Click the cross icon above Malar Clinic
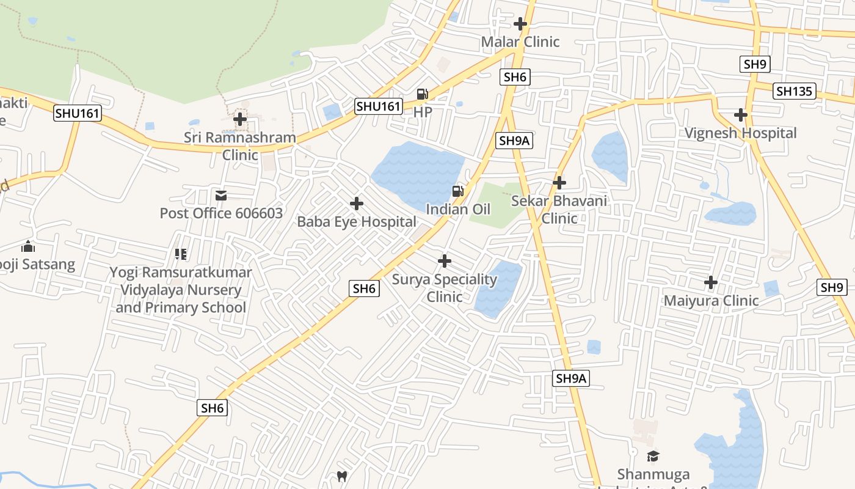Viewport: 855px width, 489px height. (x=520, y=24)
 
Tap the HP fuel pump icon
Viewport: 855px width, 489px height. (x=422, y=94)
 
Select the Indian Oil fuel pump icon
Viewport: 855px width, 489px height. (x=457, y=191)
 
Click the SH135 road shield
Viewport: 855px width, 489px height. (x=794, y=91)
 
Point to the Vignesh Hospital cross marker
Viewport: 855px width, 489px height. (x=741, y=115)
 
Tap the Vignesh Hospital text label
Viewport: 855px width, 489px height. (x=740, y=133)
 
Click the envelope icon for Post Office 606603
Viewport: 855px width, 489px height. (x=221, y=196)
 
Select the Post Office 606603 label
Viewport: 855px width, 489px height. (x=221, y=213)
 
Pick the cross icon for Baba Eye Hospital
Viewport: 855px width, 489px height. (x=357, y=204)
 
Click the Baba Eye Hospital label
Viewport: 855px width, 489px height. (x=357, y=222)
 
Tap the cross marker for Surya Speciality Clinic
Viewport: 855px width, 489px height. (x=445, y=262)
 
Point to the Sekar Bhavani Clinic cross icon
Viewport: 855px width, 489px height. (x=559, y=183)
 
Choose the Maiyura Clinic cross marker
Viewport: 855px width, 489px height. (x=711, y=282)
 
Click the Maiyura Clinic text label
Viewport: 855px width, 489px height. (x=711, y=301)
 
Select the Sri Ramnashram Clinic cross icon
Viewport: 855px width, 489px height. (x=241, y=119)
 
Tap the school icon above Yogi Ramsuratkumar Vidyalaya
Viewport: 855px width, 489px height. (x=180, y=254)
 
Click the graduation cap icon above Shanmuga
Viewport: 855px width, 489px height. (x=653, y=456)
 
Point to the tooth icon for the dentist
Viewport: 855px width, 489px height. (x=342, y=476)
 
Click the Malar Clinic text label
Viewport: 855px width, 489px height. (x=520, y=42)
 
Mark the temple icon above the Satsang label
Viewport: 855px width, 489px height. (x=28, y=247)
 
